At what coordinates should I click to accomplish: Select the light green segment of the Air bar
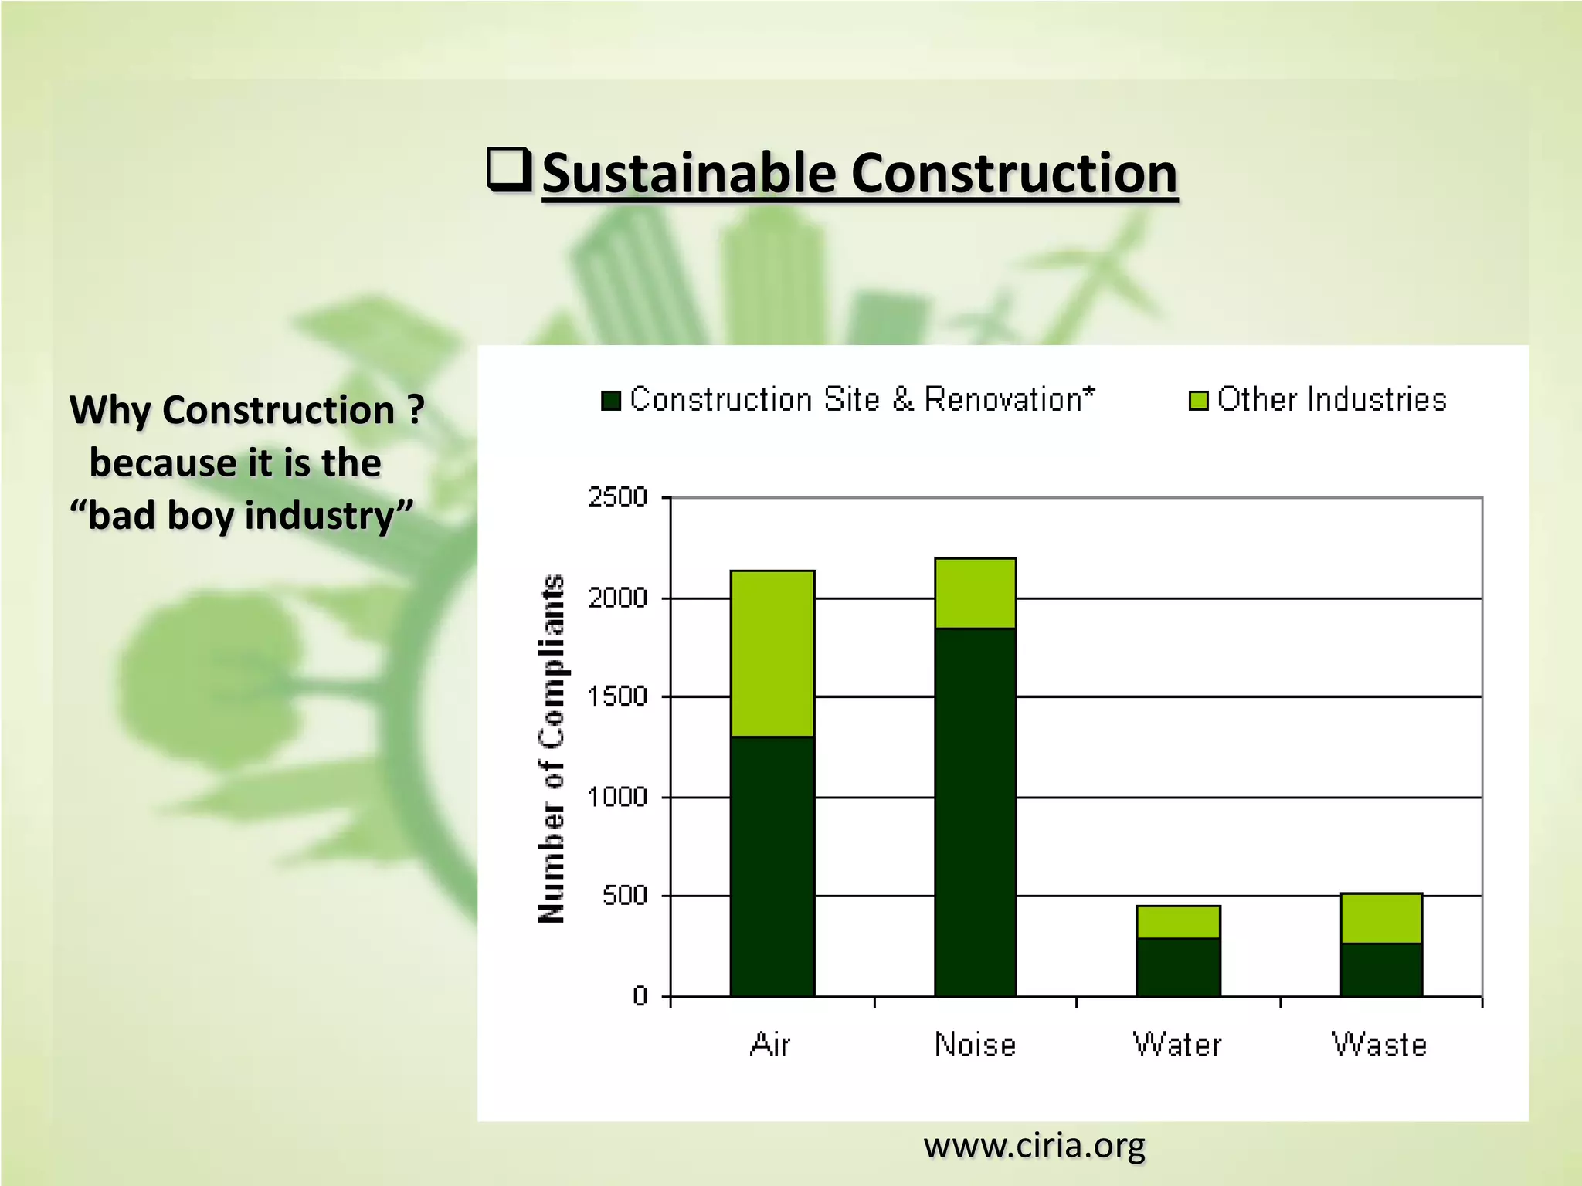point(772,653)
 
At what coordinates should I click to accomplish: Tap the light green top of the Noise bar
point(975,593)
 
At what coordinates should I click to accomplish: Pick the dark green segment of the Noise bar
point(975,811)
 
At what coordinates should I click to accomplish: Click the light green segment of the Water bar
point(1178,922)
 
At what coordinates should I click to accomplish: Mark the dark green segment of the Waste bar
point(1380,969)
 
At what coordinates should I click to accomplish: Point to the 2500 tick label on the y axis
point(617,496)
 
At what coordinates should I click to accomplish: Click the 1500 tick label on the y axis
point(617,696)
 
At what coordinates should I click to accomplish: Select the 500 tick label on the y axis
point(624,896)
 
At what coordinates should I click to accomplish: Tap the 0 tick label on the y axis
point(640,996)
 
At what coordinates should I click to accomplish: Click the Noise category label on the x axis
point(975,1045)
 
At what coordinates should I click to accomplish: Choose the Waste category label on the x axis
point(1380,1045)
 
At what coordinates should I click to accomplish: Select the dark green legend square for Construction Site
point(611,401)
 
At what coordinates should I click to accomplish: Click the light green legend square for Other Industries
point(1198,401)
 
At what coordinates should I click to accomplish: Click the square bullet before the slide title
point(509,170)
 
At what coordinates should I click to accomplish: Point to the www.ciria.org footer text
point(1034,1144)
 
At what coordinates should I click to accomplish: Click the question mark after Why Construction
point(416,409)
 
